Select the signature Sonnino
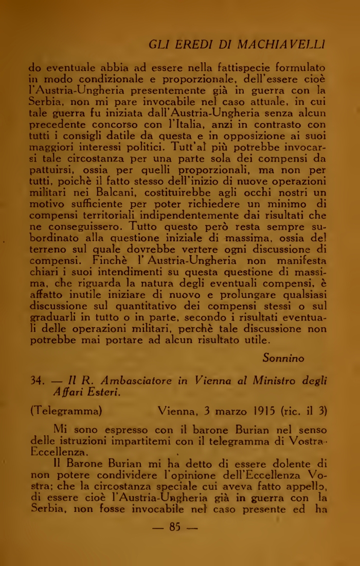click(283, 357)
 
